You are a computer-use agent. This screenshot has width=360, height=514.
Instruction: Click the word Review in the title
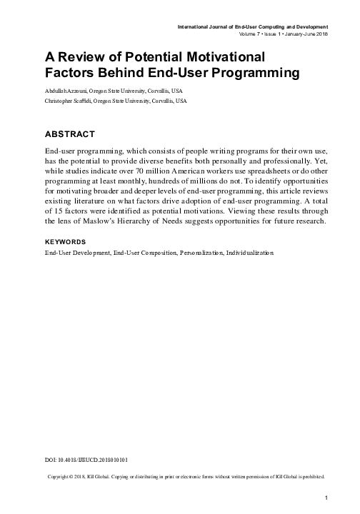[83, 56]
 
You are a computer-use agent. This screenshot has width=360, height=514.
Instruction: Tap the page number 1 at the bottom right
[326, 497]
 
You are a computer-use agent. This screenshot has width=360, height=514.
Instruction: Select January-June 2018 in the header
[303, 34]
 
